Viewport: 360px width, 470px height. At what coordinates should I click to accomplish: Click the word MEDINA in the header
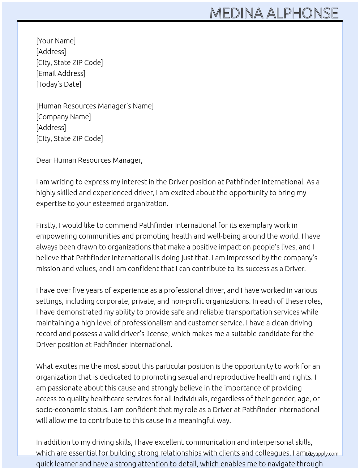[x=236, y=13]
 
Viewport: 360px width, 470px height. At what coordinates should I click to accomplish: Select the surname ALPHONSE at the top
[x=302, y=13]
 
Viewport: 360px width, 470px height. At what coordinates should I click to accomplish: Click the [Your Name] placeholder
[x=56, y=41]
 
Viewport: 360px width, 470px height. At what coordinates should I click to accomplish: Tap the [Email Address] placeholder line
[x=61, y=73]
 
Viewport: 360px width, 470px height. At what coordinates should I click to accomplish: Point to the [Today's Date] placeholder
[x=59, y=84]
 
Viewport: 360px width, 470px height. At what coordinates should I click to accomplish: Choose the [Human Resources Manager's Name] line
[x=95, y=106]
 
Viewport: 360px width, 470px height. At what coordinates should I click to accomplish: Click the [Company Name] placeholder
[x=64, y=117]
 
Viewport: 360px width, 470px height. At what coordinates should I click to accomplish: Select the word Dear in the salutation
[x=44, y=160]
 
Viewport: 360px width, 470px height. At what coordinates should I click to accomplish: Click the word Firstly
[x=47, y=225]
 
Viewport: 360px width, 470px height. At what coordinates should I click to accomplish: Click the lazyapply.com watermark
[x=322, y=454]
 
